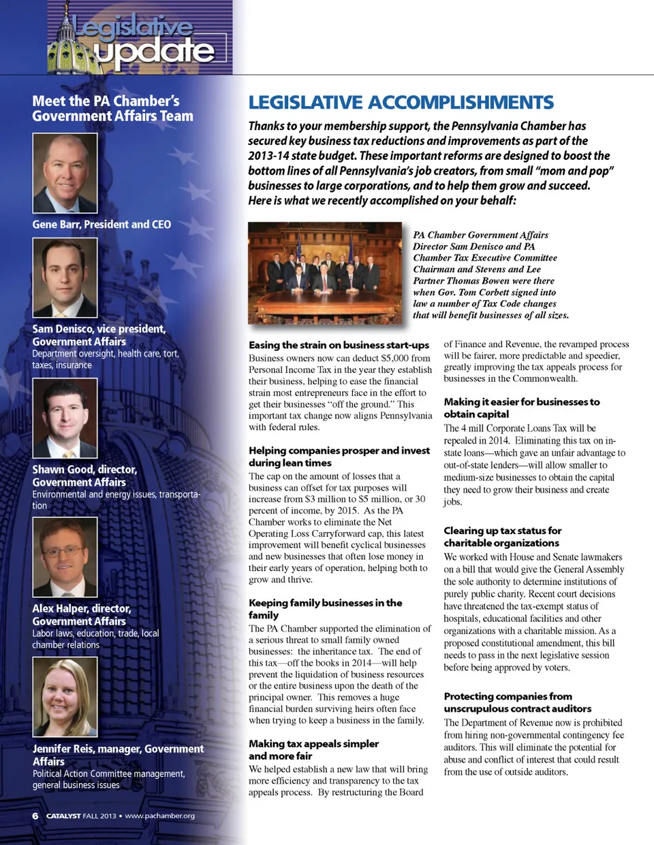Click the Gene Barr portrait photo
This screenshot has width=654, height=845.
(65, 173)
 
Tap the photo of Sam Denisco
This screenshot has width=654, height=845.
(65, 278)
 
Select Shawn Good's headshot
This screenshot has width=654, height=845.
(65, 418)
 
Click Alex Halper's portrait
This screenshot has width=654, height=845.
(65, 557)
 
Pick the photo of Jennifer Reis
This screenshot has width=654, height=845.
(65, 697)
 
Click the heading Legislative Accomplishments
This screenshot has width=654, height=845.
(401, 103)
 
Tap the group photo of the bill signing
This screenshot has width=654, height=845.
(325, 272)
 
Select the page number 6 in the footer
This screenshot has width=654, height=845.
(35, 816)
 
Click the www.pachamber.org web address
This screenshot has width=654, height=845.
(159, 816)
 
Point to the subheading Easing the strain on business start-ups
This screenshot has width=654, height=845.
(339, 345)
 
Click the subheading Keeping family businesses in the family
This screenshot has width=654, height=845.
(325, 609)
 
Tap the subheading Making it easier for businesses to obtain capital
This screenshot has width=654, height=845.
(521, 408)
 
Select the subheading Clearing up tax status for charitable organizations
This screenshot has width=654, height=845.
(502, 537)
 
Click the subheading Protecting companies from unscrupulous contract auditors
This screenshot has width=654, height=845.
(517, 702)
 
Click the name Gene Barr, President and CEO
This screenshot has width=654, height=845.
(102, 225)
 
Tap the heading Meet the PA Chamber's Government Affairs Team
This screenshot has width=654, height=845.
(112, 109)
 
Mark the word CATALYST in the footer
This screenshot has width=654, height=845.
(63, 816)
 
